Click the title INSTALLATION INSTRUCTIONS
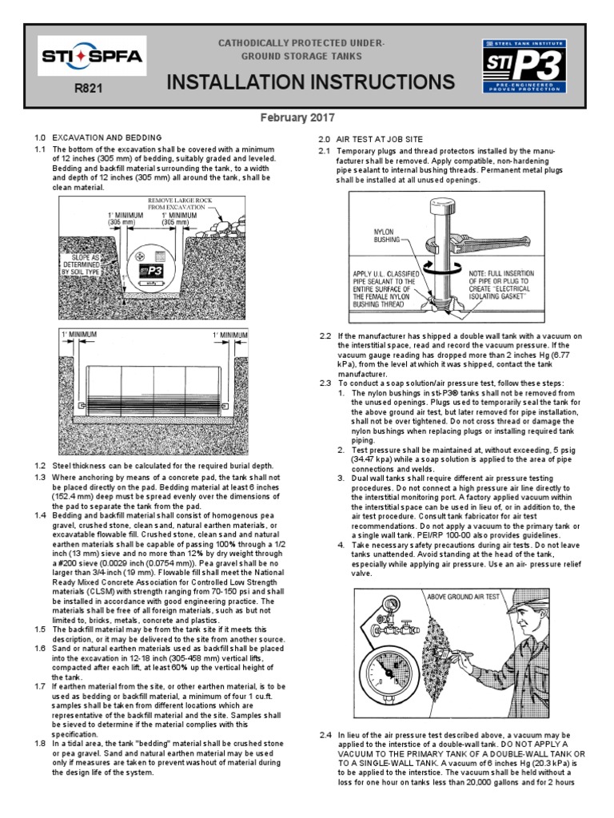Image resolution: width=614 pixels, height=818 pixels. click(x=311, y=82)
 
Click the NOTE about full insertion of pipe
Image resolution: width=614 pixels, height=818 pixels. click(x=498, y=286)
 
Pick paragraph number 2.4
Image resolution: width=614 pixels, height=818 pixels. click(x=325, y=734)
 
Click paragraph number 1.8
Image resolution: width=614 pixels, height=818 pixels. click(x=41, y=743)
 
